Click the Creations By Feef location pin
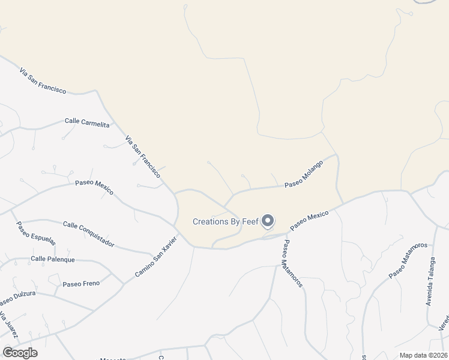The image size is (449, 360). [268, 221]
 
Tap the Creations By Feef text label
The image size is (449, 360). [226, 222]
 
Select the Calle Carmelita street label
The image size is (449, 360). [87, 122]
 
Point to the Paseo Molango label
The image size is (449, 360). [304, 174]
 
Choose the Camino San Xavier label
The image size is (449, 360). [155, 257]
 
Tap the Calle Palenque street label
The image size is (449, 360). [53, 259]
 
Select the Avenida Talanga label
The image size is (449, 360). [430, 281]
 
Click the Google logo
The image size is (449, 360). [20, 353]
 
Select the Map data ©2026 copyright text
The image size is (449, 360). [423, 355]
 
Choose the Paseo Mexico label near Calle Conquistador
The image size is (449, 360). [94, 188]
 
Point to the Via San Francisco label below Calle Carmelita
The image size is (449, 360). [143, 157]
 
